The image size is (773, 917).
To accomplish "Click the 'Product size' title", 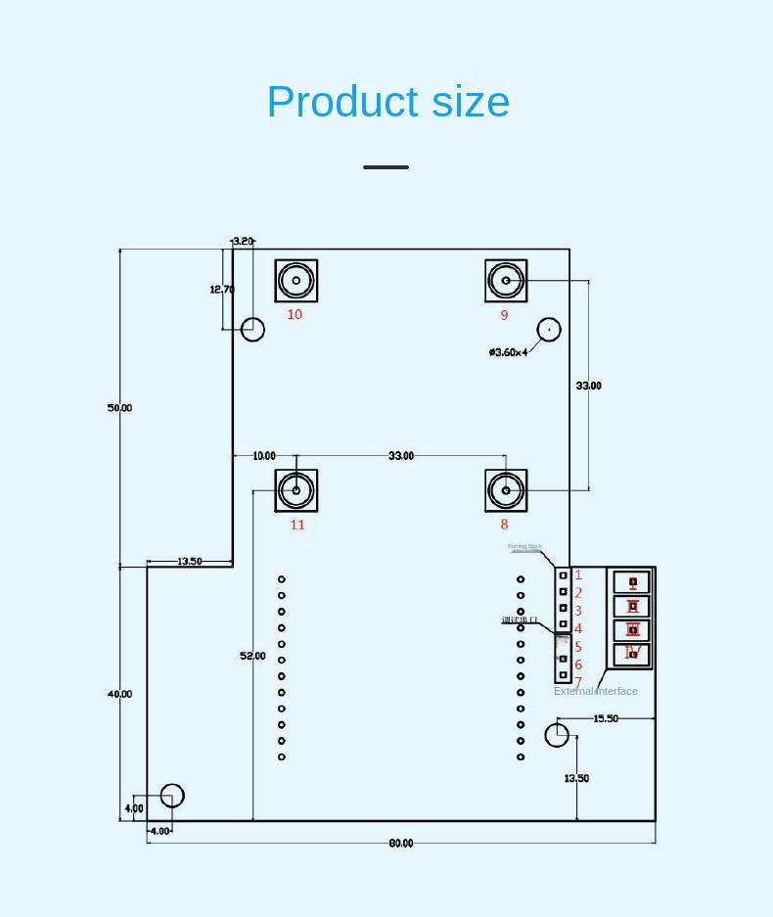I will coord(387,102).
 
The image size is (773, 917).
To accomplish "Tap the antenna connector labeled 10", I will coord(296,281).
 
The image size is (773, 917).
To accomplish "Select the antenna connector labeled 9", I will coord(506,281).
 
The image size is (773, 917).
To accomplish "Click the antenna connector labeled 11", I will coord(296,490).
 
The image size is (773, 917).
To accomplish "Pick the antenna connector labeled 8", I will coord(506,490).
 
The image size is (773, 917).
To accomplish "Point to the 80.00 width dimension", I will coord(401,844).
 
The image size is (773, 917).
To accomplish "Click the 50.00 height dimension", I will coord(119,407).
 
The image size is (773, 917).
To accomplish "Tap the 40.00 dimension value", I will coord(119,694).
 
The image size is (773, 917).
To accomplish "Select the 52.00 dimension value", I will coord(252,656).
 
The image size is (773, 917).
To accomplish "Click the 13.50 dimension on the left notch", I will coord(190,562).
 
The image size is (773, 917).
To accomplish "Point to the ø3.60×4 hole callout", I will coord(508,352).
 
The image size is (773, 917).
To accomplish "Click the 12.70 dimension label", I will coord(222,289).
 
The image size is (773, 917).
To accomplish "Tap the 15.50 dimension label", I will coord(606,718).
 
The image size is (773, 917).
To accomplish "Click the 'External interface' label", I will coord(596,691).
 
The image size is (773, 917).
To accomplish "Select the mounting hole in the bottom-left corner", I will coord(172,796).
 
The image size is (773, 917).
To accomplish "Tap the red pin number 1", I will coord(578,575).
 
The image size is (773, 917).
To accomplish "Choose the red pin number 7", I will coord(578,682).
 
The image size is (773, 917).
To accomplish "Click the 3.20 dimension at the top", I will coord(243,241).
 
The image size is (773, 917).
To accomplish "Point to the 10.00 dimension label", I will coord(264,456).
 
